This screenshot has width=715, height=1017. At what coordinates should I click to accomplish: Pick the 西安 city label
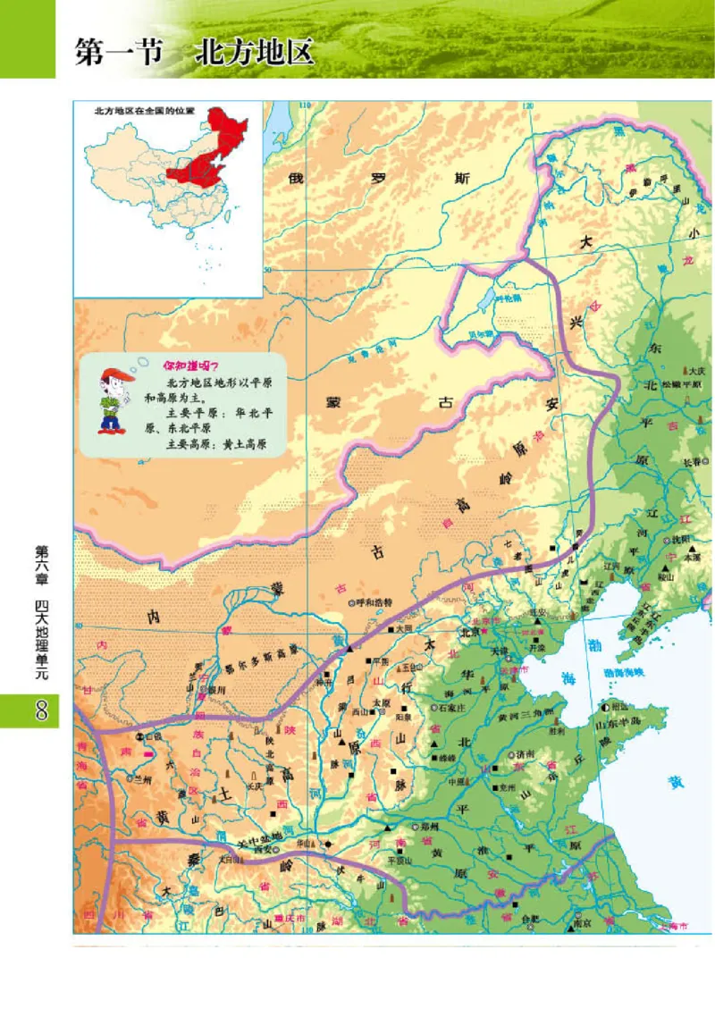(262, 849)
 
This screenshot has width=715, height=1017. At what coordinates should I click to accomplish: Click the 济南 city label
(527, 754)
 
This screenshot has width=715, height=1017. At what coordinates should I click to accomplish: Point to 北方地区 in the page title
(256, 52)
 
